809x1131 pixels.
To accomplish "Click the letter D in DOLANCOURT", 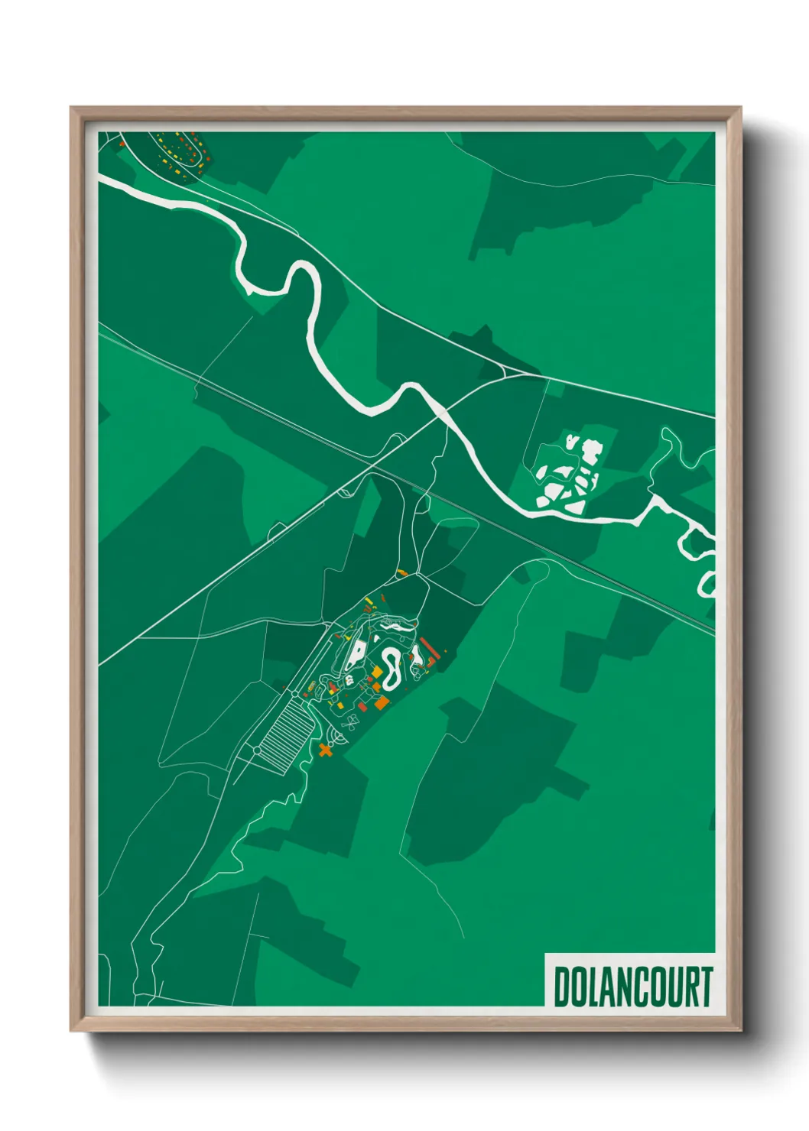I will (x=563, y=987).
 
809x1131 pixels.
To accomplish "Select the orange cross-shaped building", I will (x=326, y=750).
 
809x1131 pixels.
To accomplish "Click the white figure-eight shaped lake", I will (x=391, y=666).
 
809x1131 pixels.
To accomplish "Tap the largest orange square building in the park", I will (x=381, y=702).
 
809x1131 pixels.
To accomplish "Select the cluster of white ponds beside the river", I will (x=570, y=474).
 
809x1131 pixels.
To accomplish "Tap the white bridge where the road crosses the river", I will (x=441, y=413).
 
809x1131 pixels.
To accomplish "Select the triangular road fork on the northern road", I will (x=505, y=370).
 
